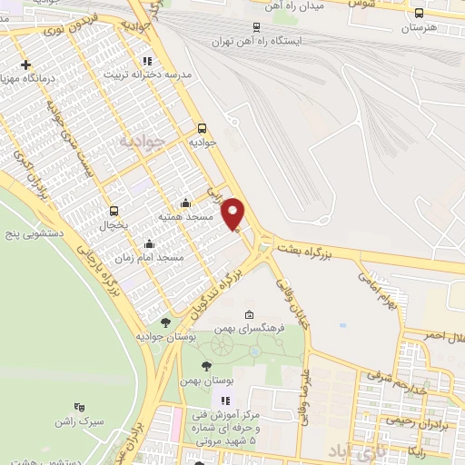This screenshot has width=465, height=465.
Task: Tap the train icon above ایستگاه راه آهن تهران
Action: [x=257, y=27]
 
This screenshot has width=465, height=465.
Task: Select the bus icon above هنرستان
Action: [x=419, y=13]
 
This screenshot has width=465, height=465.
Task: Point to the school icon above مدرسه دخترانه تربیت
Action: [x=147, y=61]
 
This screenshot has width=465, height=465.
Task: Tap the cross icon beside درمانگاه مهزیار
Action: [x=26, y=64]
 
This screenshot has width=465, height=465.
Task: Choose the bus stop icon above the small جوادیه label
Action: [x=202, y=128]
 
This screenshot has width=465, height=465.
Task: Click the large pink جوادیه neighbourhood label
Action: [x=144, y=142]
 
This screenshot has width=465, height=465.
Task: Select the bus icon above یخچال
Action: [x=114, y=210]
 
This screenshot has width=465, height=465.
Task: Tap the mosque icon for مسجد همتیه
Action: [x=186, y=203]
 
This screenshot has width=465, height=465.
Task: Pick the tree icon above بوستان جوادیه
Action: [x=164, y=322]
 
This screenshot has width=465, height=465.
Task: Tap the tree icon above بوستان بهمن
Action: [x=207, y=365]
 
